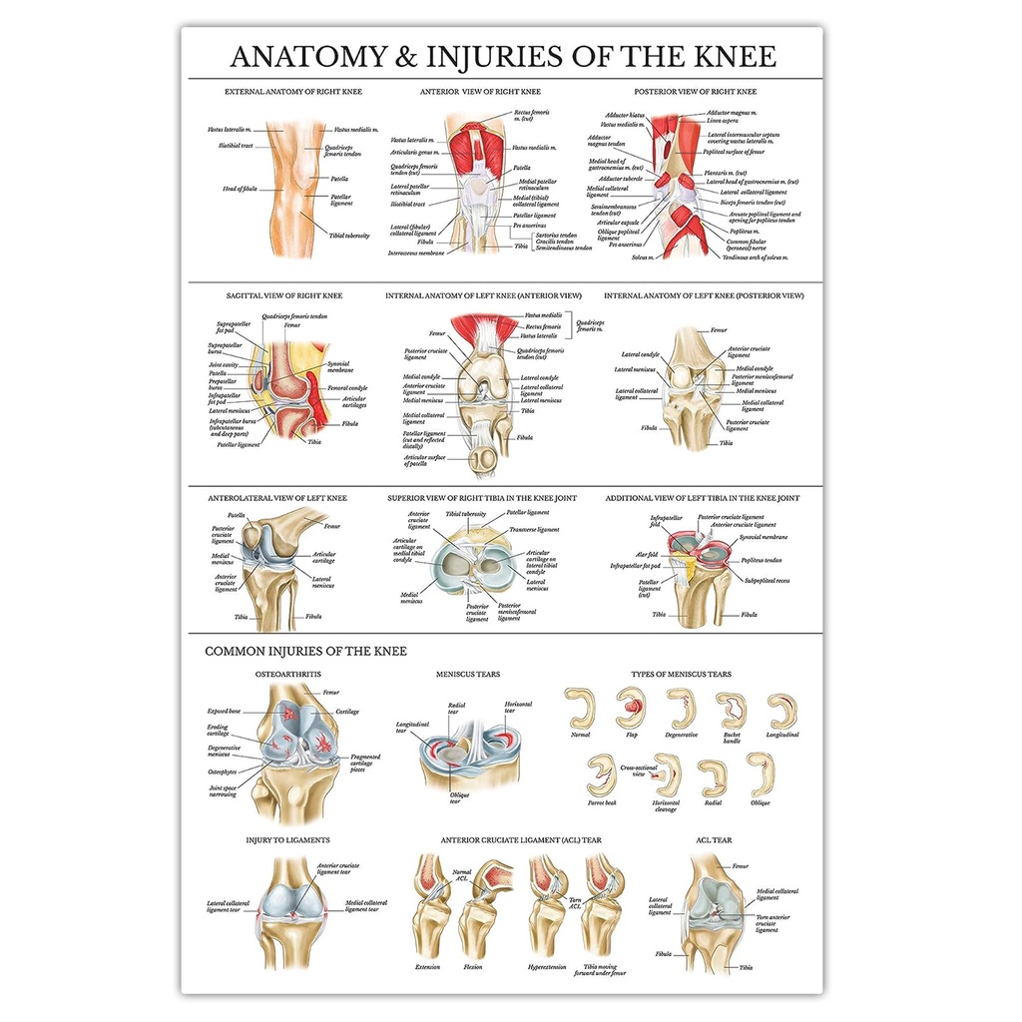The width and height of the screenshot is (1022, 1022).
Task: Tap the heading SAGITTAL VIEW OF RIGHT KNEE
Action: point(284,295)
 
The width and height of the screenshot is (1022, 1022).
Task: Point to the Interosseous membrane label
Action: point(415,253)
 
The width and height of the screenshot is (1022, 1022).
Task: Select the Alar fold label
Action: point(648,555)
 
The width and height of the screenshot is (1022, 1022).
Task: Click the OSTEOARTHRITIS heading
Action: point(287,675)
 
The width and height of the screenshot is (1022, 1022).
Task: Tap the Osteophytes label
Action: point(223,771)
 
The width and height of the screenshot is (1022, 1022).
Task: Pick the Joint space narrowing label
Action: point(223,790)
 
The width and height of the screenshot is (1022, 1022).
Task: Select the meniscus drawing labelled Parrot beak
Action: point(601,775)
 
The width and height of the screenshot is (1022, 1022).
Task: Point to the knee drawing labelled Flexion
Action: point(476,913)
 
